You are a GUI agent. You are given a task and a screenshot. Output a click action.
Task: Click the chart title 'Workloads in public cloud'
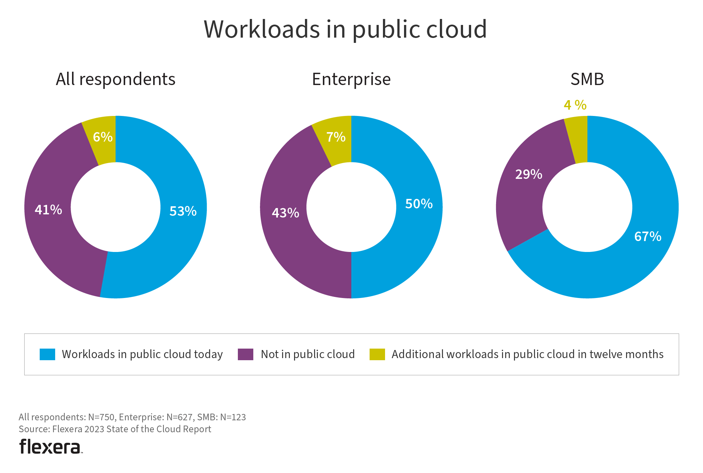[345, 29]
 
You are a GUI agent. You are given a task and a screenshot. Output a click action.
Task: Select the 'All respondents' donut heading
[116, 79]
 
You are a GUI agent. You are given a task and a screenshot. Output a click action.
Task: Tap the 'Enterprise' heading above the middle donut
[351, 79]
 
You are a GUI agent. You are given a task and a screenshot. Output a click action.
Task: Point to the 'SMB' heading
[587, 79]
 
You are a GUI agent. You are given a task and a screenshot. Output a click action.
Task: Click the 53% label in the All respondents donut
[183, 211]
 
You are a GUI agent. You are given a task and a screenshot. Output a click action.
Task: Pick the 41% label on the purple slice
[48, 210]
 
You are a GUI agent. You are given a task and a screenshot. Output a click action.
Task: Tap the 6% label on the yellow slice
[103, 137]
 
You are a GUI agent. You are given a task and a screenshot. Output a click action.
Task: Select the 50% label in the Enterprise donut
[419, 204]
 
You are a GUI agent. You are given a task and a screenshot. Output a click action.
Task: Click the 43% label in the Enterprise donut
[285, 213]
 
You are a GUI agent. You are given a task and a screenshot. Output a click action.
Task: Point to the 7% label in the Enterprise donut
[336, 137]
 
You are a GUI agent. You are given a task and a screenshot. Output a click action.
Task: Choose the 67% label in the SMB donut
[647, 236]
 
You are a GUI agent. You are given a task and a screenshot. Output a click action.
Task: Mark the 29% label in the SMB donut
[528, 174]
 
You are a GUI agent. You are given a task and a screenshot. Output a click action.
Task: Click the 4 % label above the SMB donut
[575, 105]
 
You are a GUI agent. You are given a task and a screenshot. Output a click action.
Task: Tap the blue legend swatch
[47, 354]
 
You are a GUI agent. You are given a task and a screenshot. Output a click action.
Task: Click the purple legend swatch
[246, 354]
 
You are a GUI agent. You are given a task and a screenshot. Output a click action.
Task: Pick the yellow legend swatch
[377, 354]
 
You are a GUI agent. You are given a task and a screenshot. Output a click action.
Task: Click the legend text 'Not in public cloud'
[308, 354]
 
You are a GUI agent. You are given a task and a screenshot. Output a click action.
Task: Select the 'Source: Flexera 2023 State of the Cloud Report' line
[115, 429]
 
